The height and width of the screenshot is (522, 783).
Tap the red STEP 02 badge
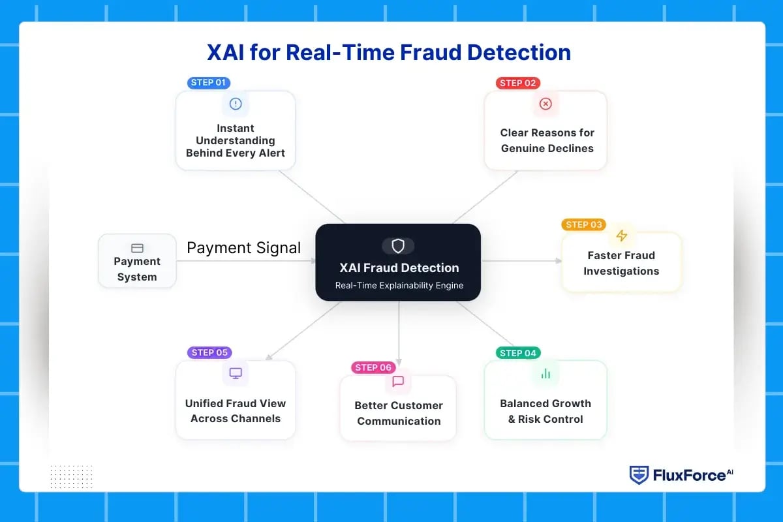(x=518, y=83)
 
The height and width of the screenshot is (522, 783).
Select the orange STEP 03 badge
(x=583, y=224)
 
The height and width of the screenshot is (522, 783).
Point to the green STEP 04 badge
(x=518, y=353)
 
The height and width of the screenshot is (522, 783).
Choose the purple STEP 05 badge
(x=209, y=352)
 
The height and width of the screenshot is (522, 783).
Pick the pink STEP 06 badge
(x=373, y=367)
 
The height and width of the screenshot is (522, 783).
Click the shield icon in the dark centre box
(x=398, y=245)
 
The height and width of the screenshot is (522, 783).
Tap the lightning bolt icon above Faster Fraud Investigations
(x=621, y=236)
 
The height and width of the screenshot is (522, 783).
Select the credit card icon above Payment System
(x=137, y=248)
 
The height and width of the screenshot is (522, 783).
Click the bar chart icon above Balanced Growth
(x=545, y=373)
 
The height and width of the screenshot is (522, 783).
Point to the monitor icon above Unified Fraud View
(x=236, y=373)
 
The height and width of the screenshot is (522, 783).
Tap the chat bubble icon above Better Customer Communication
(x=398, y=381)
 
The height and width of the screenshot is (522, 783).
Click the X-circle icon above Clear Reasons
(x=545, y=104)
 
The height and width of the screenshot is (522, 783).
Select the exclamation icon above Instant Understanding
(x=236, y=103)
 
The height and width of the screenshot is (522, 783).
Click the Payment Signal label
(x=244, y=248)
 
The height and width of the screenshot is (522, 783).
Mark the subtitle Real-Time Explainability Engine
(x=398, y=285)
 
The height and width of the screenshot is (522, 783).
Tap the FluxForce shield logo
(x=638, y=475)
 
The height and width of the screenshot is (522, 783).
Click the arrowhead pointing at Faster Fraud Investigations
(x=559, y=261)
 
